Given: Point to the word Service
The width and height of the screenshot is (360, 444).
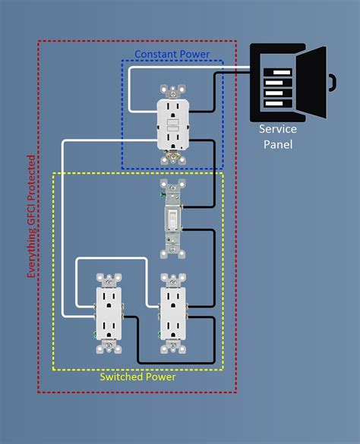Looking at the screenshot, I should click(276, 129).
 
